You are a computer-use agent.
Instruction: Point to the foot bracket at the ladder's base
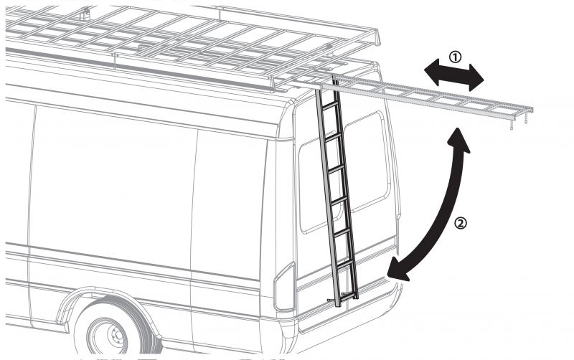tap(341, 295)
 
